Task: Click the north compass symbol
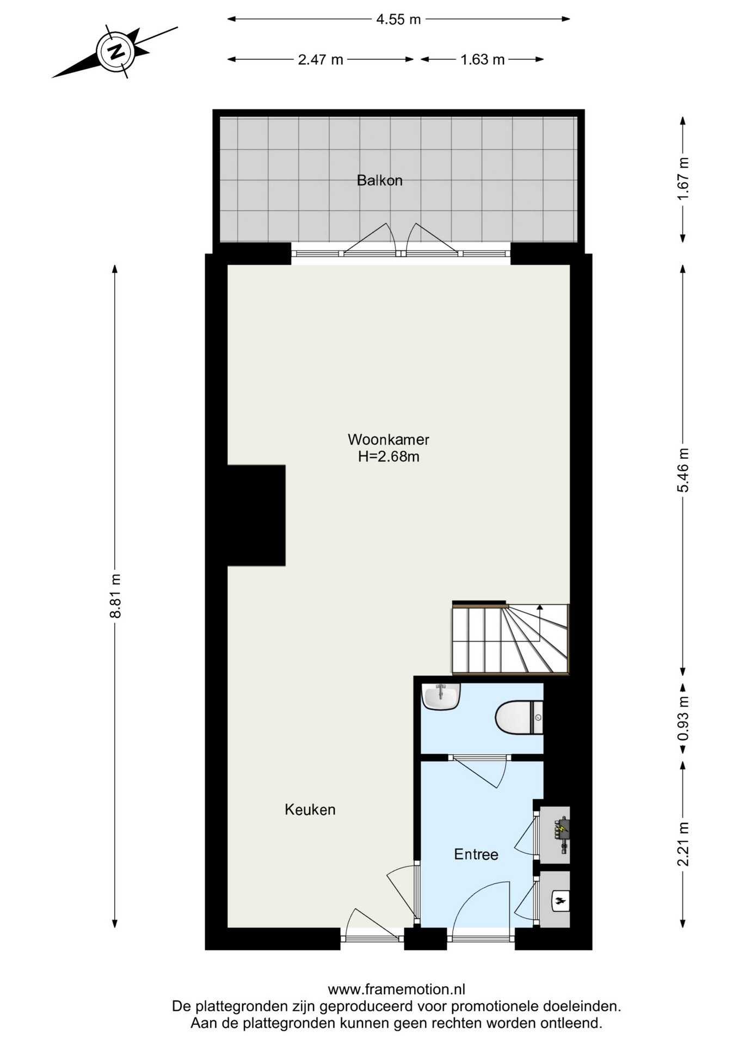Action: pyautogui.click(x=115, y=52)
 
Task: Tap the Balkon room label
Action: pyautogui.click(x=379, y=180)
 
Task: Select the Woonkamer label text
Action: pyautogui.click(x=389, y=439)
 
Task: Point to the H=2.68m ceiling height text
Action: pyautogui.click(x=389, y=456)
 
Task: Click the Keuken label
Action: pyautogui.click(x=310, y=810)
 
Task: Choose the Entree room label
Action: pyautogui.click(x=476, y=855)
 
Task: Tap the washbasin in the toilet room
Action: pyautogui.click(x=441, y=697)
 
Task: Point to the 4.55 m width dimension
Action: pyautogui.click(x=398, y=20)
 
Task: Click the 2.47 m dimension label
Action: pyautogui.click(x=321, y=59)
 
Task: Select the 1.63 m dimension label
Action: pyautogui.click(x=483, y=59)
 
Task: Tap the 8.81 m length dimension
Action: pyautogui.click(x=115, y=595)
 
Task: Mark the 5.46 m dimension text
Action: pyautogui.click(x=683, y=470)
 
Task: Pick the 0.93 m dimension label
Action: pyautogui.click(x=683, y=718)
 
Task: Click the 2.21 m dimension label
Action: pyautogui.click(x=683, y=843)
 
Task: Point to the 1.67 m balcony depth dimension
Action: pyautogui.click(x=683, y=179)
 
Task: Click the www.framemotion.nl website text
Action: pyautogui.click(x=396, y=989)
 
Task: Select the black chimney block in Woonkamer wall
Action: pyautogui.click(x=256, y=515)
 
